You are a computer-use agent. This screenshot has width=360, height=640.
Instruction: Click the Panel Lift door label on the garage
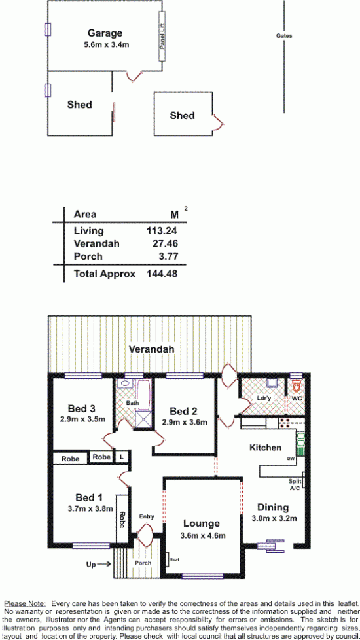[x=162, y=37]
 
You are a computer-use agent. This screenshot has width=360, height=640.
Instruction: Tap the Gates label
[x=284, y=36]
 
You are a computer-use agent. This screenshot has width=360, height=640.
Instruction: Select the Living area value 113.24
[x=162, y=231]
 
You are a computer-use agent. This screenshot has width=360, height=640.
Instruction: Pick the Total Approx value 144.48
[x=162, y=274]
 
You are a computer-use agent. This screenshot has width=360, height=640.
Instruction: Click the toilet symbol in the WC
[x=297, y=385]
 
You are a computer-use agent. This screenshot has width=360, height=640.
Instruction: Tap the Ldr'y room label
[x=264, y=398]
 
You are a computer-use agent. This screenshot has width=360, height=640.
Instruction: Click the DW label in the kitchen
[x=291, y=459]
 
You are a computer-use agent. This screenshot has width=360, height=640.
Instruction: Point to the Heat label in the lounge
[x=173, y=560]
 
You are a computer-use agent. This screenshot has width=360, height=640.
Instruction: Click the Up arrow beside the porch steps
[x=98, y=565]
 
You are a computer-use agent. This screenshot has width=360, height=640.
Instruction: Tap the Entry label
[x=147, y=516]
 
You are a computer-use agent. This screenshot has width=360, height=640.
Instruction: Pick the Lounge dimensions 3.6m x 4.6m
[x=202, y=535]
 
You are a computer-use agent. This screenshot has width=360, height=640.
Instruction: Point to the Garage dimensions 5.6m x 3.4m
[x=105, y=44]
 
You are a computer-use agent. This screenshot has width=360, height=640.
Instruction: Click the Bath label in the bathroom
[x=132, y=403]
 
